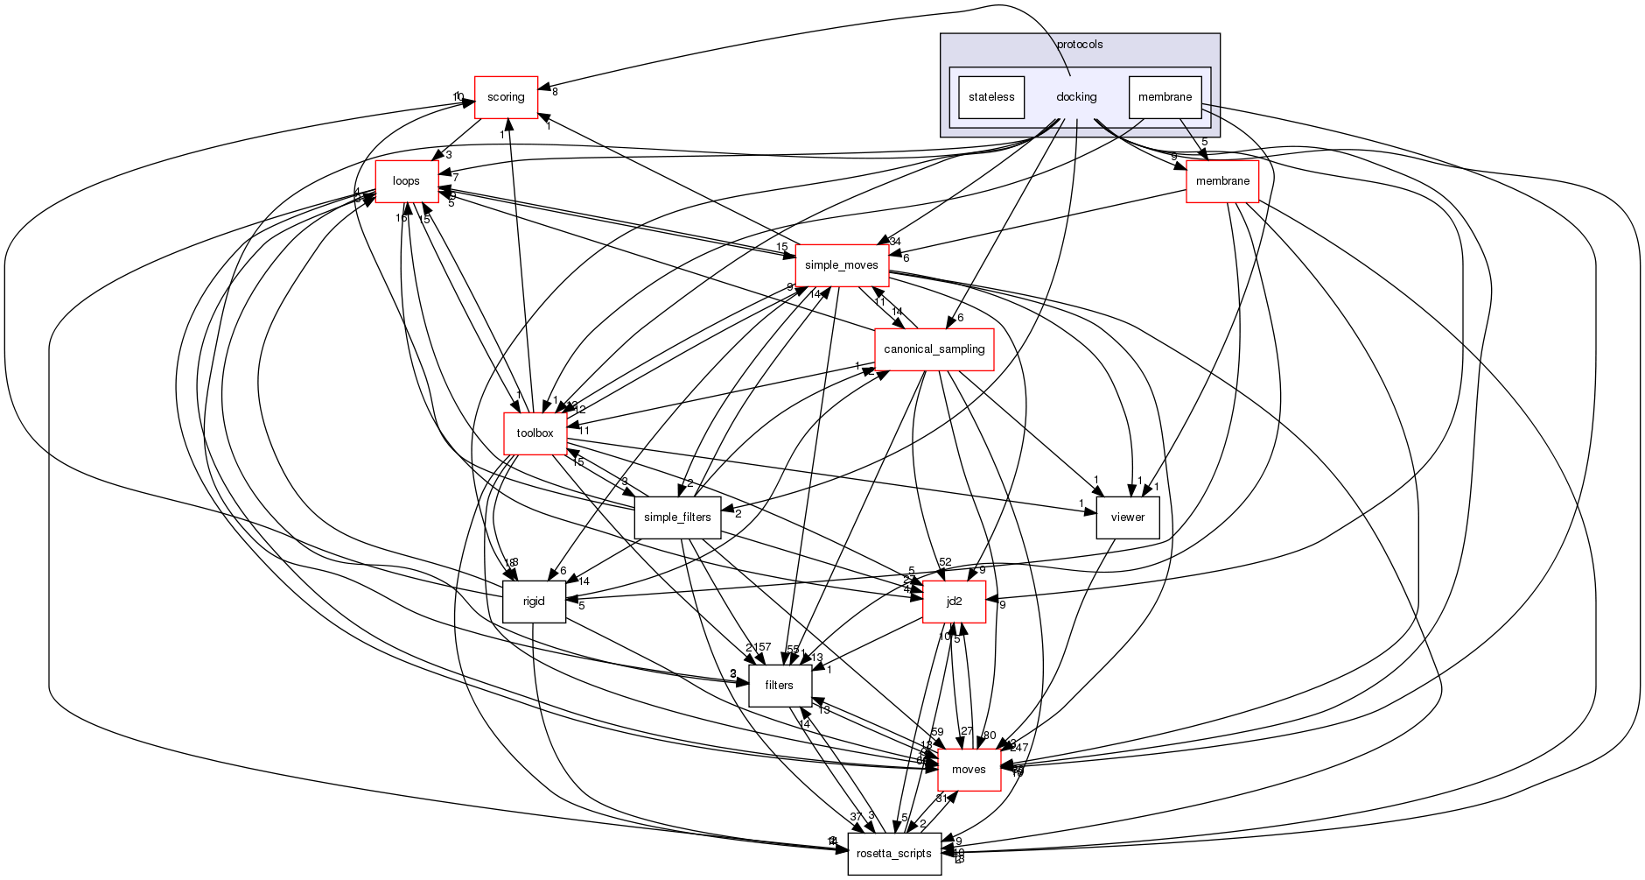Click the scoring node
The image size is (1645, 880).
506,97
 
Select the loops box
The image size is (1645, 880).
407,181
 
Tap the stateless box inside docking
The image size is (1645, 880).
991,97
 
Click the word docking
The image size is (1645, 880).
1076,97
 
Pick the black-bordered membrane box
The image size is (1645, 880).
1165,97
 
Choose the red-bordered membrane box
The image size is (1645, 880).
1222,181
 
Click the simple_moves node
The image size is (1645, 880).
842,265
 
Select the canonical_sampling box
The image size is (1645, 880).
934,349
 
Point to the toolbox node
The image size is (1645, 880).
535,433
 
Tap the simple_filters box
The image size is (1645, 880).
677,517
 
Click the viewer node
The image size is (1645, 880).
1128,517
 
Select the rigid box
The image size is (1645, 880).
534,602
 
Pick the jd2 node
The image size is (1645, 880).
955,602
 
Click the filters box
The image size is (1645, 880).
780,686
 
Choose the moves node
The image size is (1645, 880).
969,770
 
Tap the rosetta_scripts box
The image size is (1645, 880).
894,854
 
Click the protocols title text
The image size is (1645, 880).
1080,45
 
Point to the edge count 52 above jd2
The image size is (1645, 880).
945,562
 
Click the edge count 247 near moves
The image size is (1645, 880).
1019,748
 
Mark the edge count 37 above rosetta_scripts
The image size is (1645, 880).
856,817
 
